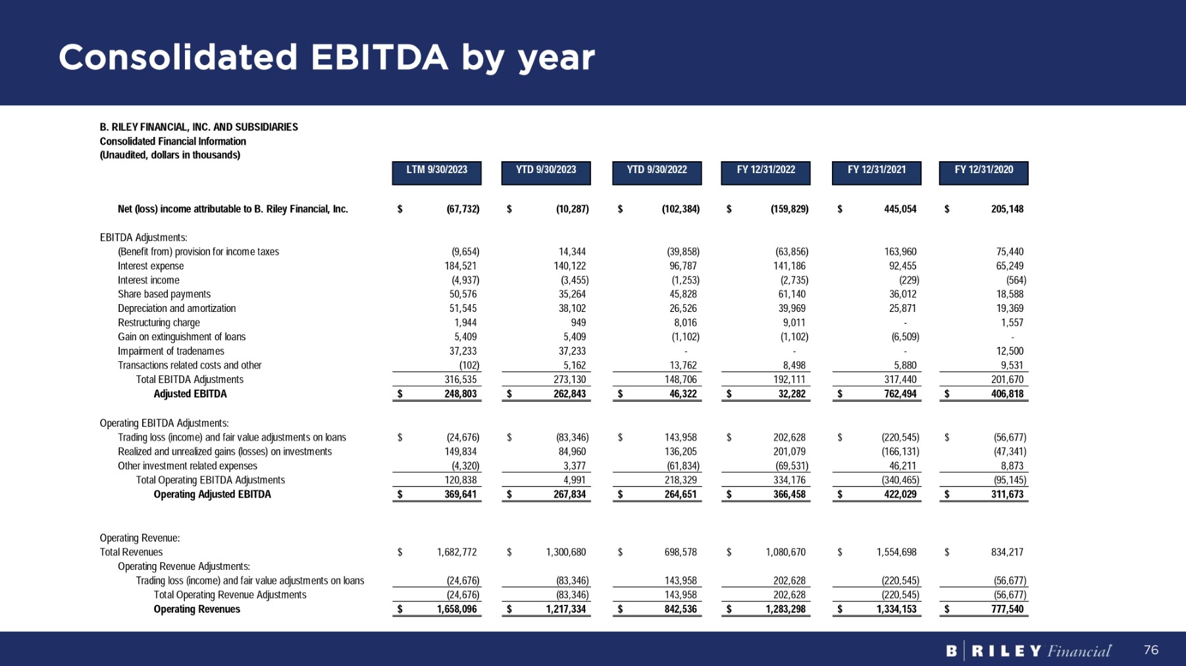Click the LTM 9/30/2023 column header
[x=436, y=170]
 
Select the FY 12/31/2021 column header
[x=876, y=170]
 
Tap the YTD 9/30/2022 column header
[x=656, y=170]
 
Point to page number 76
[x=1150, y=650]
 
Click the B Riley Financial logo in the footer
[x=1028, y=651]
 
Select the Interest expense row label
[x=151, y=266]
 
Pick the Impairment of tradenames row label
[x=170, y=351]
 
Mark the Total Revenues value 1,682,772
[x=457, y=552]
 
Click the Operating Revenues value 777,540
[x=1007, y=609]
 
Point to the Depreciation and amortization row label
[x=176, y=308]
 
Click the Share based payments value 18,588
[x=1010, y=294]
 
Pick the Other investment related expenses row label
[x=188, y=466]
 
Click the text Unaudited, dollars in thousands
[x=170, y=155]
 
